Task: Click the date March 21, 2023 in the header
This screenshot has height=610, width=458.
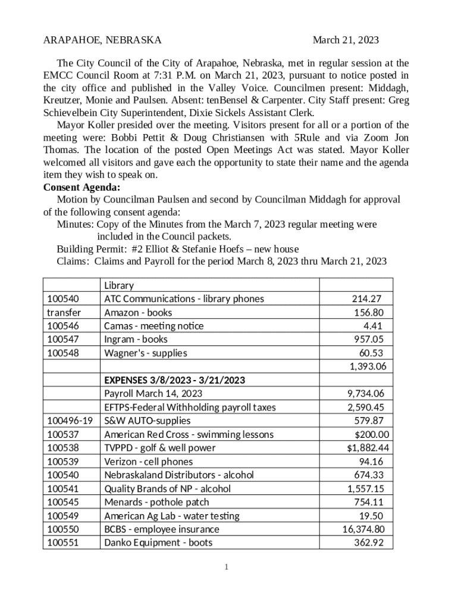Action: (346, 41)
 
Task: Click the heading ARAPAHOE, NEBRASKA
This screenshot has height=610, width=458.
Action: (102, 41)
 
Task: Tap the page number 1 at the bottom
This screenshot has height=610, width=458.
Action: (227, 567)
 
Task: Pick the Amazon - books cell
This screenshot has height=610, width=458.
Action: (138, 312)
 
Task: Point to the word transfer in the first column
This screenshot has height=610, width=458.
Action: (64, 312)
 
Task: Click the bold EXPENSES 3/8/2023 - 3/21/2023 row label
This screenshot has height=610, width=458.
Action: (175, 380)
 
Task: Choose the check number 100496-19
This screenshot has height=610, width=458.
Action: (70, 421)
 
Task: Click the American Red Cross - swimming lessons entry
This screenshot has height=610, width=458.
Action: (189, 434)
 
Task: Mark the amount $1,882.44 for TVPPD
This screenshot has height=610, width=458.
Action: (363, 448)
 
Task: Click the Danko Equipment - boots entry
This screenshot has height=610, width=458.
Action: (158, 543)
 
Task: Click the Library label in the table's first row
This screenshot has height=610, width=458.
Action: (119, 285)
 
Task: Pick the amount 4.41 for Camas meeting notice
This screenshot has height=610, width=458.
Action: (372, 326)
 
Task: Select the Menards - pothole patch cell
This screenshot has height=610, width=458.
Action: (156, 502)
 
